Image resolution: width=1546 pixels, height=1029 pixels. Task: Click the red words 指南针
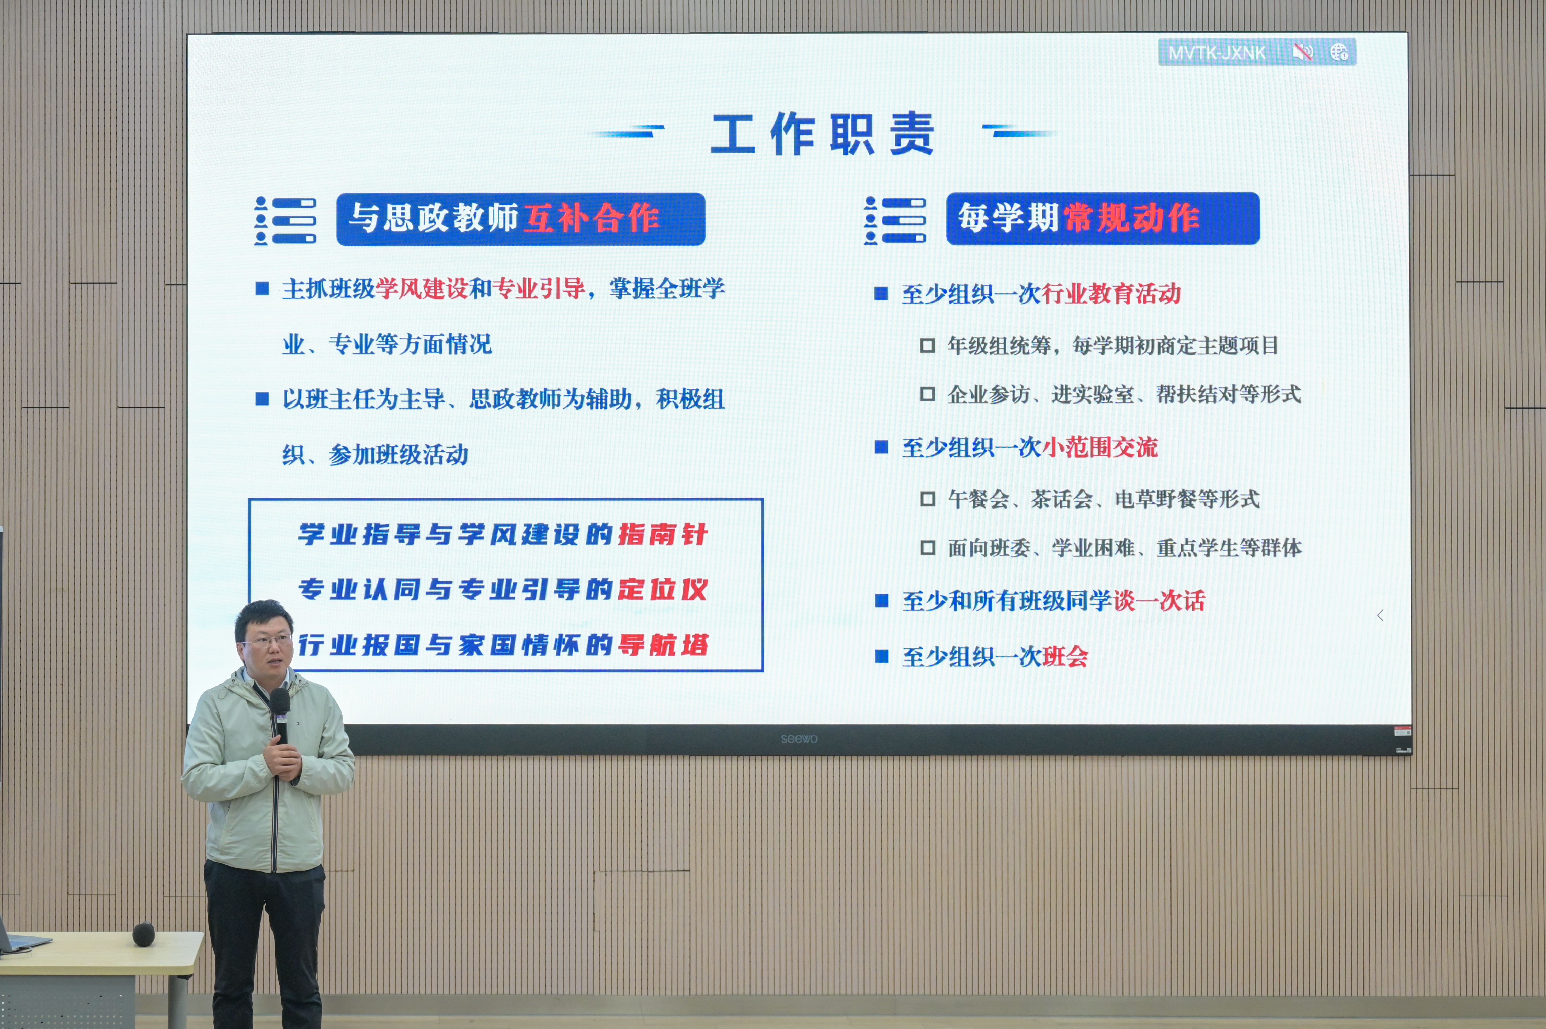click(x=663, y=534)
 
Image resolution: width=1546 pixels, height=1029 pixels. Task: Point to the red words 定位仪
click(x=663, y=589)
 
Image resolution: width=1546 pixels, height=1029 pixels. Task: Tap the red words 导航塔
click(x=663, y=645)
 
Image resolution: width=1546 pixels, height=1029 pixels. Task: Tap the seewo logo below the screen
click(x=799, y=739)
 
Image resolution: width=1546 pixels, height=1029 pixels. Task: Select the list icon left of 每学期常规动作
click(x=895, y=220)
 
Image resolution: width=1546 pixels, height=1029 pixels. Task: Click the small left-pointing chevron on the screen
click(x=1380, y=616)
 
